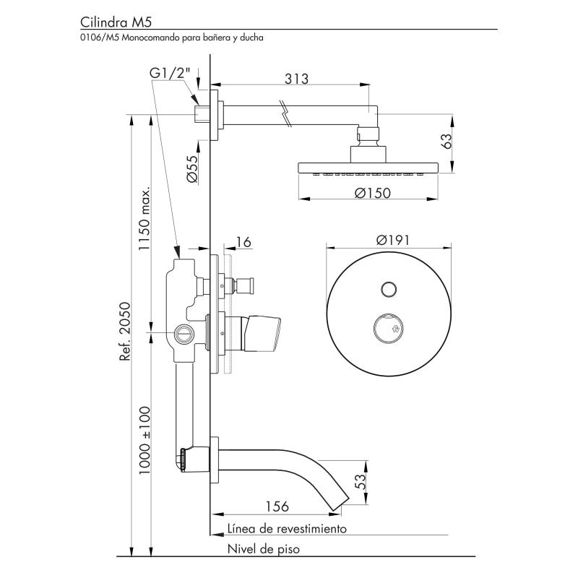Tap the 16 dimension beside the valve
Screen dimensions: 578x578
click(244, 242)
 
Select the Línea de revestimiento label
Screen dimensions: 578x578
click(287, 529)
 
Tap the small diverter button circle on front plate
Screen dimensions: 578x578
click(389, 290)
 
